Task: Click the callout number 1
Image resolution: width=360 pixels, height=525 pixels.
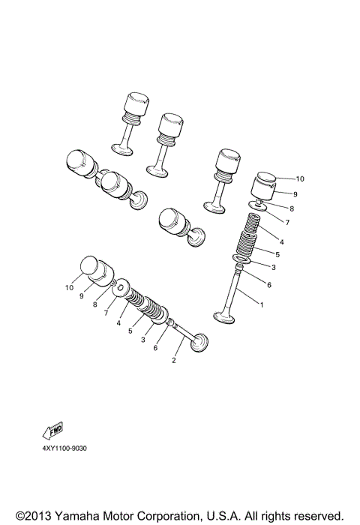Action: (x=262, y=305)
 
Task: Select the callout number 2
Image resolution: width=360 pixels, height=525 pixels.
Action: (x=174, y=361)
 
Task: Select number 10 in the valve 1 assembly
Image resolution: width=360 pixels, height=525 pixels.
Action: (x=279, y=179)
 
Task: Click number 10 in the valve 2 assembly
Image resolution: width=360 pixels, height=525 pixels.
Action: (x=70, y=287)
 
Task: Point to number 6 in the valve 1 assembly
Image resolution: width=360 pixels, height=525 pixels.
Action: (x=268, y=285)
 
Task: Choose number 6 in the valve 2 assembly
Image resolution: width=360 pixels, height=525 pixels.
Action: (x=155, y=348)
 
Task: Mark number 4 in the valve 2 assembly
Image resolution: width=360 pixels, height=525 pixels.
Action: (x=118, y=323)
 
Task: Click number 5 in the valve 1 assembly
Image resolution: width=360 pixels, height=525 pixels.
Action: (x=277, y=254)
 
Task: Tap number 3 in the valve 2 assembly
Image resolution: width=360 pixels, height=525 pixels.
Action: (x=143, y=340)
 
